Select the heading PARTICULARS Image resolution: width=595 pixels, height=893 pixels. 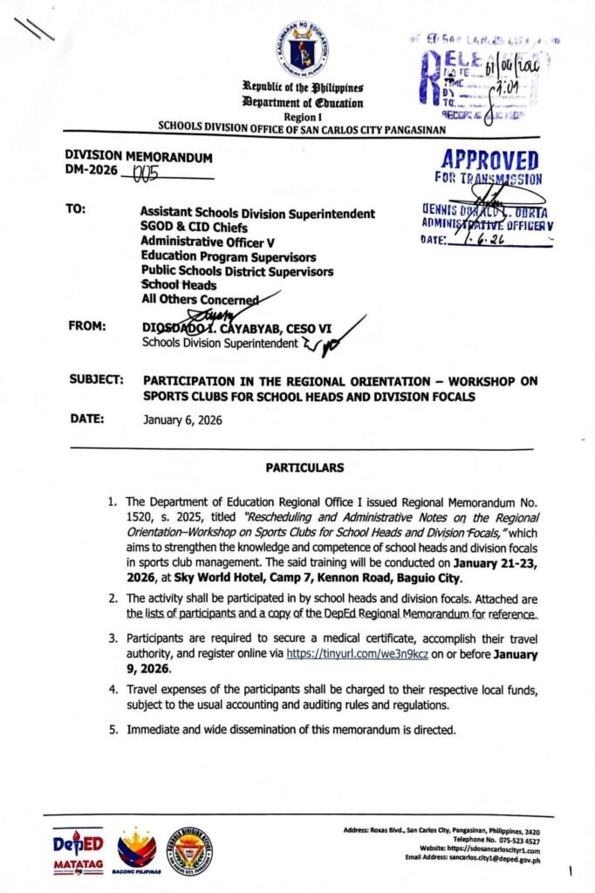tap(304, 467)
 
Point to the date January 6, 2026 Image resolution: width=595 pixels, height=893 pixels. tap(182, 419)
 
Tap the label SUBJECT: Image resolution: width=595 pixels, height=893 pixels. tap(94, 380)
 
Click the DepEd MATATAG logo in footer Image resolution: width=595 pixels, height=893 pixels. tap(78, 851)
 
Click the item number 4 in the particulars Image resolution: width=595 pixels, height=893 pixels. tap(113, 690)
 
